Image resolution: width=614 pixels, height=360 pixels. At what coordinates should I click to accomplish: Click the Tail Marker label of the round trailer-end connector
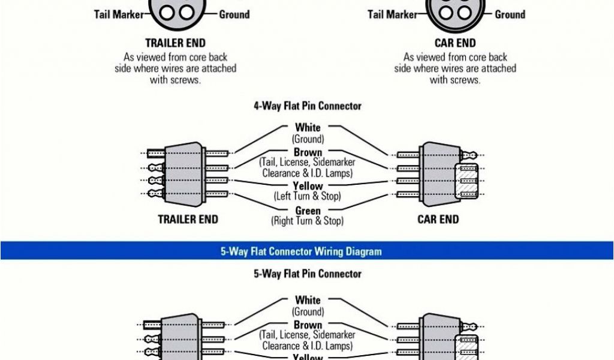(119, 14)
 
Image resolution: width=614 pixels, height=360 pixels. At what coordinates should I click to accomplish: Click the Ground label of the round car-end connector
(510, 14)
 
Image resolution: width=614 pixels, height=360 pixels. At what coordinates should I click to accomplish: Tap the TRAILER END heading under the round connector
(175, 43)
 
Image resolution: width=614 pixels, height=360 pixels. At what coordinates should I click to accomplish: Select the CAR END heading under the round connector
(455, 43)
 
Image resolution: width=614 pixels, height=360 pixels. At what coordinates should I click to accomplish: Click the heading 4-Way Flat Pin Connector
(308, 106)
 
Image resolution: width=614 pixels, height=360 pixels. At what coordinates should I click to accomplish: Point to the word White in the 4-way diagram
(308, 127)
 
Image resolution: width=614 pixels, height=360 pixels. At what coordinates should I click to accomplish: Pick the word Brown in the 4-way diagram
(308, 152)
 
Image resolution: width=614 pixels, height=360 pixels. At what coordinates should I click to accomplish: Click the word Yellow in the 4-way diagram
(308, 186)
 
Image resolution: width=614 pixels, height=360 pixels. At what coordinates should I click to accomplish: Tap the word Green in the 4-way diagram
(308, 211)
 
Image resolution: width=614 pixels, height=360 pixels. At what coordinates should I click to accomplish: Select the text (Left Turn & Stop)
(308, 196)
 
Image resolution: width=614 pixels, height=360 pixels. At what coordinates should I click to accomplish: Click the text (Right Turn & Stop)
(308, 221)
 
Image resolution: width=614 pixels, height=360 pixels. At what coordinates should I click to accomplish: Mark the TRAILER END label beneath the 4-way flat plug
(188, 219)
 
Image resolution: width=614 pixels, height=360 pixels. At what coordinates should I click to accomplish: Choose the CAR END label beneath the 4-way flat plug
(438, 219)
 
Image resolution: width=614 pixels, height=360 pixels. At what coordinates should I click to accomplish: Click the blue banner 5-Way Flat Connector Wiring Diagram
(300, 251)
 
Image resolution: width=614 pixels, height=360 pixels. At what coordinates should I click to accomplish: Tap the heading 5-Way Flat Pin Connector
(308, 274)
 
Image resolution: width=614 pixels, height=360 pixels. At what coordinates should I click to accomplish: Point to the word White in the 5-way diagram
(308, 300)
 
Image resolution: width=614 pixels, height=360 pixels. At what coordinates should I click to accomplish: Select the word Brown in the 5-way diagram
(308, 325)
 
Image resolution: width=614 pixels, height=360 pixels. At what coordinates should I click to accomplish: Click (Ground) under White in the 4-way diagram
(308, 139)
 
